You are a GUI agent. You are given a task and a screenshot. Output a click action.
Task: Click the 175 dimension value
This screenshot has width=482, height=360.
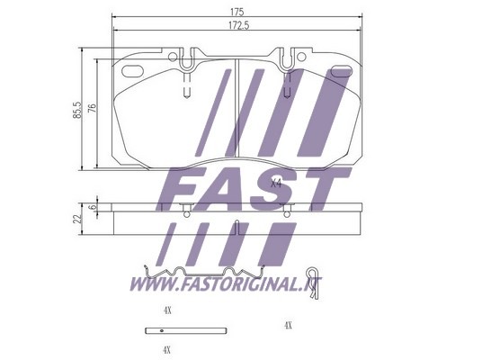[237, 12]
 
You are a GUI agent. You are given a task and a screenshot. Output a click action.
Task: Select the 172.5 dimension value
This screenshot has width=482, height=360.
[239, 25]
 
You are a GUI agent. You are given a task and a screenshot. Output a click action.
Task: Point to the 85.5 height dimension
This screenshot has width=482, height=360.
[76, 110]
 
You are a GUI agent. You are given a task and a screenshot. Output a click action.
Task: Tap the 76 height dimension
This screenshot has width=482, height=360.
[93, 108]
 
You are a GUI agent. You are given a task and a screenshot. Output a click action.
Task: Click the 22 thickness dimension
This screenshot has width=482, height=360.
[78, 219]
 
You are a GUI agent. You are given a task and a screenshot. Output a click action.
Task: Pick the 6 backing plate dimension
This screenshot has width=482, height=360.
[93, 207]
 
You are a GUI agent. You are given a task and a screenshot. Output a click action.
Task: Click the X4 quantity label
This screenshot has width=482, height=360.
[276, 184]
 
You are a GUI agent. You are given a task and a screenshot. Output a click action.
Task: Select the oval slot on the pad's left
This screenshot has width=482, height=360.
[132, 71]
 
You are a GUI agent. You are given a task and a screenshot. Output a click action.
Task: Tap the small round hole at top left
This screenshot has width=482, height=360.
[173, 57]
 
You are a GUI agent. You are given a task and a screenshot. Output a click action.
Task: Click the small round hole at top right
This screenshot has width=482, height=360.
[301, 57]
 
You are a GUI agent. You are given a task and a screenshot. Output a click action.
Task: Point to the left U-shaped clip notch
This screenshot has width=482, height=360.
[186, 61]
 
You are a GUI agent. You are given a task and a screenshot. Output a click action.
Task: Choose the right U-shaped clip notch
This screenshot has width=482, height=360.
[287, 60]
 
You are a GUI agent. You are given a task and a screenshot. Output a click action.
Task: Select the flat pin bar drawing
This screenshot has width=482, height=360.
[186, 331]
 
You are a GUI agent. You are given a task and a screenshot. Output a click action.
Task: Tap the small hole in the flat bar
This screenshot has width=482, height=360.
[161, 331]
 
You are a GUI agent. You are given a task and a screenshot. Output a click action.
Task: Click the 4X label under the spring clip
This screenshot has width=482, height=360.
[167, 310]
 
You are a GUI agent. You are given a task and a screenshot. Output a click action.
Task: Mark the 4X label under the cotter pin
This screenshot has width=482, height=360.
[288, 325]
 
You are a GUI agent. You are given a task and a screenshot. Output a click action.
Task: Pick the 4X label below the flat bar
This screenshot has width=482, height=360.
[166, 350]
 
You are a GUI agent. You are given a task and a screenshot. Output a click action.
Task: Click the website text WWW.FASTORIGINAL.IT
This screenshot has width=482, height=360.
[226, 283]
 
